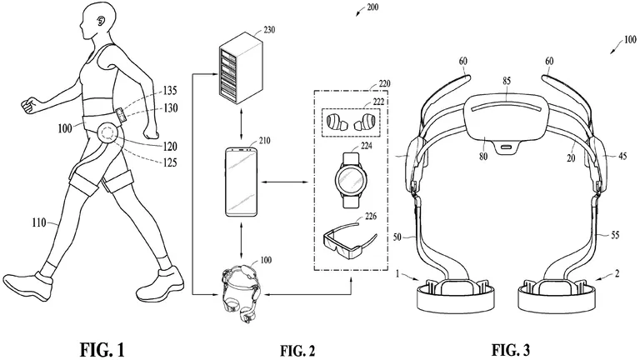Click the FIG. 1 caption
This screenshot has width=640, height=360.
click(x=102, y=349)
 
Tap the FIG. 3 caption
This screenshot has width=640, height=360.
click(x=511, y=349)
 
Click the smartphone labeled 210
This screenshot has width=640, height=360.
click(x=241, y=182)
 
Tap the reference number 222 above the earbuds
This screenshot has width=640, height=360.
click(x=378, y=102)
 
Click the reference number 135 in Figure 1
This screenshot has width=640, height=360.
click(x=170, y=90)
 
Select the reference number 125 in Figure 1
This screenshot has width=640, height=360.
click(x=170, y=162)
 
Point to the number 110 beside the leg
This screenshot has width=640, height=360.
click(x=40, y=222)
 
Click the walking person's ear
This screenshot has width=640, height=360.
click(x=99, y=21)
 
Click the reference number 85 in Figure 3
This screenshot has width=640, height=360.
click(x=507, y=81)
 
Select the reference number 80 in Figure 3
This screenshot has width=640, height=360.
click(x=483, y=156)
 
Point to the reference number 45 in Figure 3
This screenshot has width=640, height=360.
click(x=622, y=156)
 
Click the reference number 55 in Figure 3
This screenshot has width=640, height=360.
click(x=616, y=235)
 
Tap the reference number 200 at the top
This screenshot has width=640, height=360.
click(x=372, y=7)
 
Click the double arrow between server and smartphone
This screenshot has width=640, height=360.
click(x=241, y=124)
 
